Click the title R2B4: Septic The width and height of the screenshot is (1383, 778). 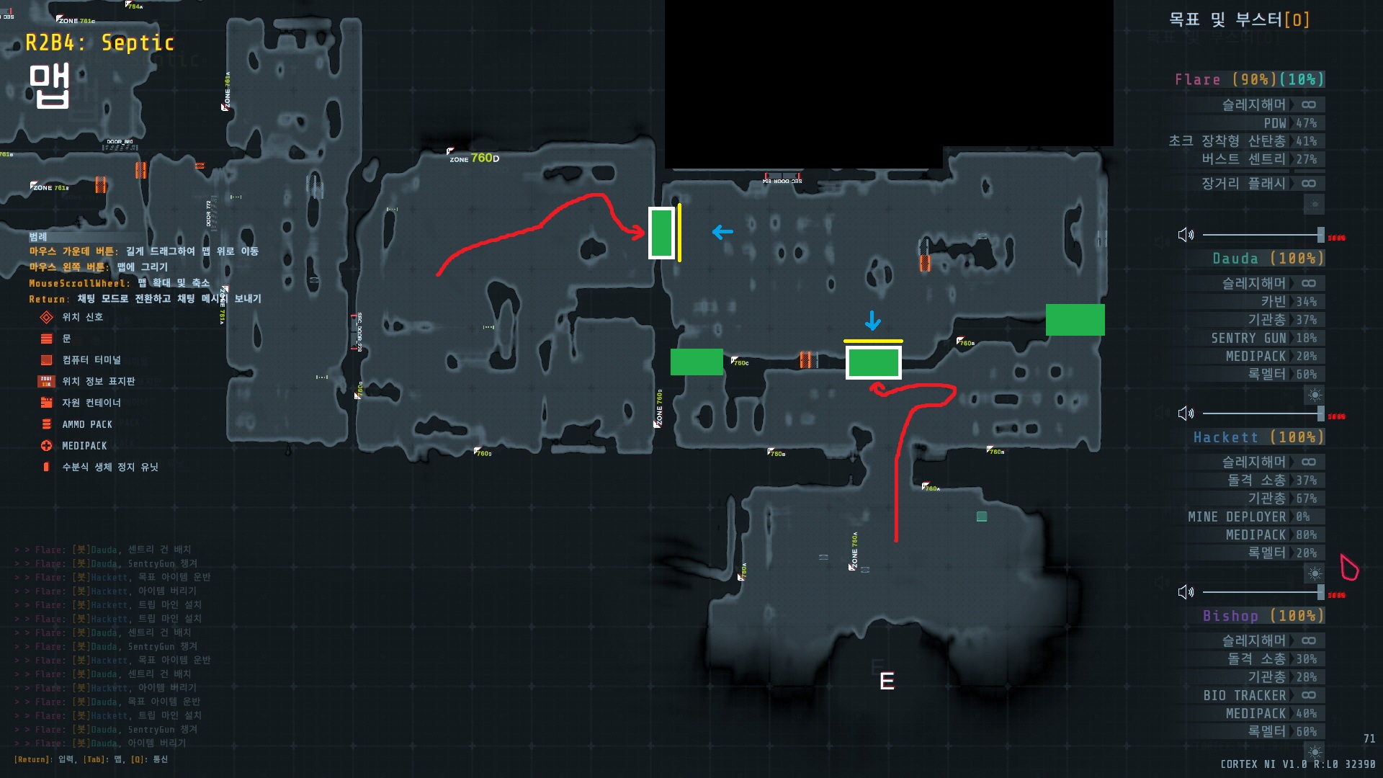[x=99, y=43]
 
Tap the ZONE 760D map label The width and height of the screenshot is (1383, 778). [x=474, y=158]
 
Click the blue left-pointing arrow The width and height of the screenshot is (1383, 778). [x=722, y=232]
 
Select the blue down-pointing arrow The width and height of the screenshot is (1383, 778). [x=872, y=321]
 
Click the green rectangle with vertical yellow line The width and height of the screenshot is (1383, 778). [x=661, y=233]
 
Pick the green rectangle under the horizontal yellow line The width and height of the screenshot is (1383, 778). [x=873, y=363]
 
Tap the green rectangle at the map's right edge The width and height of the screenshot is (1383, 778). [x=1075, y=320]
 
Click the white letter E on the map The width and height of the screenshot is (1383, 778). [x=887, y=681]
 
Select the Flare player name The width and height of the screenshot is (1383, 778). [x=1197, y=80]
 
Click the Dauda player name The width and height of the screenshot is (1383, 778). [x=1235, y=259]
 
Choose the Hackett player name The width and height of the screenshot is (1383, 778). [x=1225, y=437]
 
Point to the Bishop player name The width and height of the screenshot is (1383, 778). [x=1230, y=616]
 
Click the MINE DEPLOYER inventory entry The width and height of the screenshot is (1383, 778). [x=1237, y=517]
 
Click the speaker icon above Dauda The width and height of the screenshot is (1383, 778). [x=1186, y=235]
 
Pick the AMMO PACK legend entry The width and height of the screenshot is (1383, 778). [x=86, y=425]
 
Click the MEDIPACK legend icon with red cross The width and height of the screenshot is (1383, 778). [x=47, y=446]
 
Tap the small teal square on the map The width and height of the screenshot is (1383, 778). [x=981, y=517]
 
